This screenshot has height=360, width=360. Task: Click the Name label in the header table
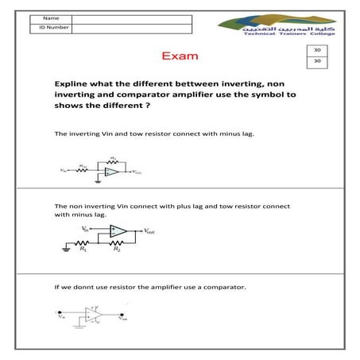click(x=50, y=17)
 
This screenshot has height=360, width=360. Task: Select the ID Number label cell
click(x=50, y=27)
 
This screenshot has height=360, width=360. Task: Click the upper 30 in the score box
click(x=317, y=50)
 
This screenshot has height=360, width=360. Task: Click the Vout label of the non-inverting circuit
click(x=150, y=231)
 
